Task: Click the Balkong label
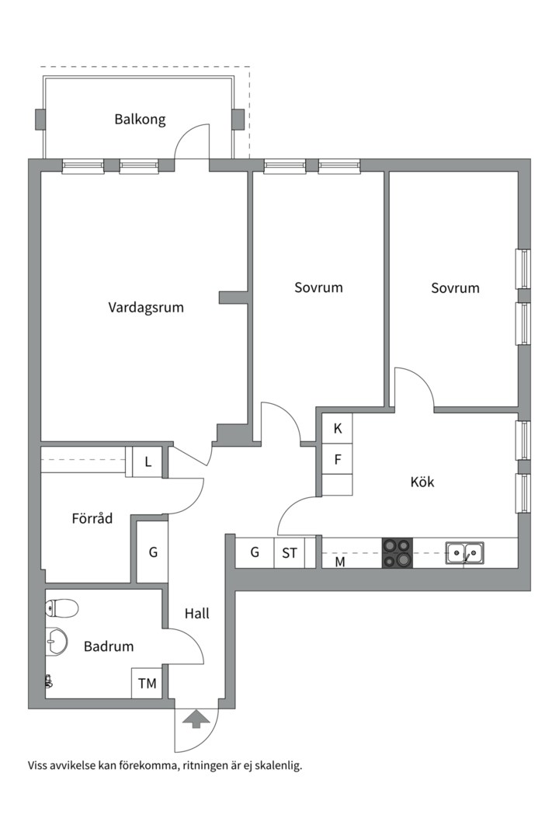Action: coord(141,119)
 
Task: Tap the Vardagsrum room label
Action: coord(146,308)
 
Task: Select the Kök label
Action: coord(422,482)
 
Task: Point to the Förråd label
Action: coord(92,518)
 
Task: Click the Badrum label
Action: coord(109,646)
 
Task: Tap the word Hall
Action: coord(197,613)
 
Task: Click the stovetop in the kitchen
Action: coord(398,552)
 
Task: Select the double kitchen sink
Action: coord(465,553)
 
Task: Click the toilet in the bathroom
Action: coord(62,607)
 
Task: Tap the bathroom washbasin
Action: coord(57,640)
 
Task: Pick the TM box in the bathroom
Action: coord(148,683)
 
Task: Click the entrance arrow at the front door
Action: coord(196,719)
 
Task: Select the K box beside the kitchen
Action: coord(338,429)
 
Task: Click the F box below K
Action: coord(338,459)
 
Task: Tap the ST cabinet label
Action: coord(290,553)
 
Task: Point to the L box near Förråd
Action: coord(148,461)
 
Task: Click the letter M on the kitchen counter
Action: coord(340,562)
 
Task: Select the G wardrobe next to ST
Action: coord(255,552)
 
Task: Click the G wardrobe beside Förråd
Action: coord(153,552)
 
